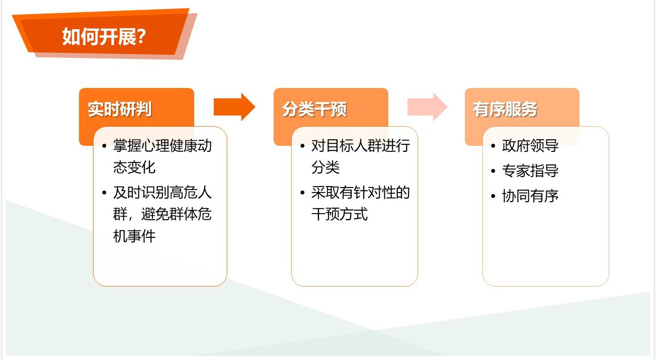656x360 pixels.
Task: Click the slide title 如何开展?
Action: coord(104,37)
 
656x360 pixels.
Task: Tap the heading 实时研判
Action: coord(120,109)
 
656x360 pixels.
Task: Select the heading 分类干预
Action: coord(314,109)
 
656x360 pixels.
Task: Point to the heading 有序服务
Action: coord(506,109)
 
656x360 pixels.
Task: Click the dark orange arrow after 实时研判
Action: coord(234,107)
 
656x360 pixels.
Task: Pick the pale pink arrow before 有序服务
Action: coord(427,107)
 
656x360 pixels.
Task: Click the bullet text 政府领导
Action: coord(530,146)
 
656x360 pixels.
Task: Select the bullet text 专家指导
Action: coord(530,170)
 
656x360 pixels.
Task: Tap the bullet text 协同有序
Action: coord(530,196)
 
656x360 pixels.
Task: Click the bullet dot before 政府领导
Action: coord(493,146)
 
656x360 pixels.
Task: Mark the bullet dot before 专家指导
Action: coord(493,171)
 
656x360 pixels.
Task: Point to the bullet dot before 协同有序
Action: coord(493,196)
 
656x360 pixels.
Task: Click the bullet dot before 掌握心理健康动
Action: coord(104,146)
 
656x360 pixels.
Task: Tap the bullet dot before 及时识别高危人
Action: coord(104,193)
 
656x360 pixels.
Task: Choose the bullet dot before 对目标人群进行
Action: coord(302,146)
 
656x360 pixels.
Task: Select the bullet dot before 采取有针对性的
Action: coord(302,193)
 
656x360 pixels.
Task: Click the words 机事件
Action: coord(134,236)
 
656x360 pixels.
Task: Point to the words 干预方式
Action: coord(340,214)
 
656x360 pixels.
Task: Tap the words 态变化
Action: coord(134,167)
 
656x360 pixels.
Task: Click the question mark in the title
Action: coord(141,36)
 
